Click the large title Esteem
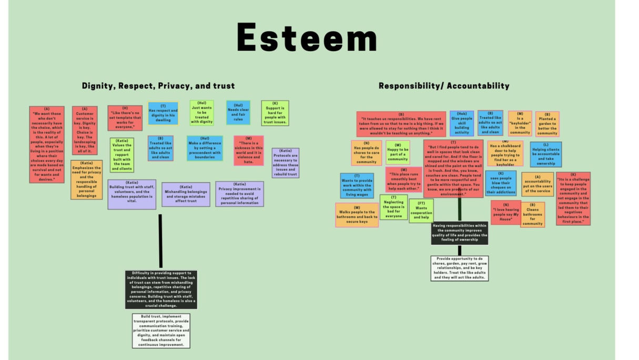click(x=307, y=37)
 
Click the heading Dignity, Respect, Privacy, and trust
click(x=158, y=86)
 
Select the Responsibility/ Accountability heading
click(x=444, y=86)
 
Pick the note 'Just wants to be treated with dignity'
click(x=202, y=113)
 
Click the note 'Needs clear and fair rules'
click(x=238, y=113)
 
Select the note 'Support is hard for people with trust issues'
click(x=275, y=113)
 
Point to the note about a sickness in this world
click(x=248, y=151)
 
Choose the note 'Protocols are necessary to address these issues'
click(x=286, y=163)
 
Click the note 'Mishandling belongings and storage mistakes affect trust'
click(x=186, y=194)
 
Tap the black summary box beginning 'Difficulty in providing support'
click(x=161, y=289)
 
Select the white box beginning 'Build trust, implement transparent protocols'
click(x=161, y=331)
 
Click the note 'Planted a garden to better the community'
click(x=547, y=124)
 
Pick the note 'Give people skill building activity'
click(x=462, y=123)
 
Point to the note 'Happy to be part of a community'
click(x=398, y=153)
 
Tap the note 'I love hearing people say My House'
click(x=505, y=212)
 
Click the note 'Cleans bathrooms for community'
click(x=532, y=214)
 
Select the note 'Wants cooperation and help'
click(x=421, y=211)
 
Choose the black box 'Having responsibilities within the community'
click(x=459, y=233)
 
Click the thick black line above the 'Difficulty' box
click(x=160, y=241)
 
